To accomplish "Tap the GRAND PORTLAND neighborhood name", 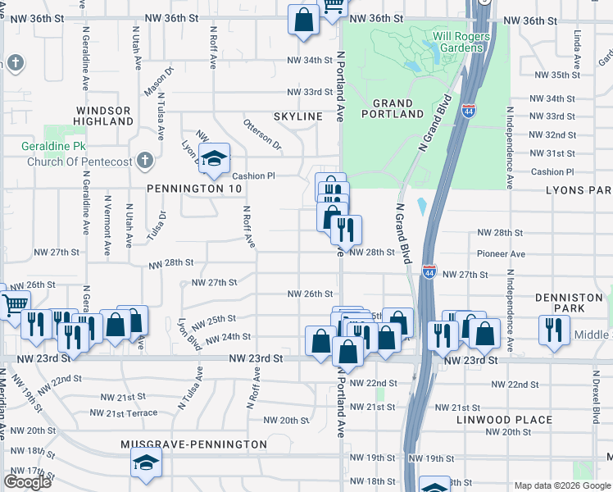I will pyautogui.click(x=398, y=108).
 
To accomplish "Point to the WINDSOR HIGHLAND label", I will pyautogui.click(x=103, y=116).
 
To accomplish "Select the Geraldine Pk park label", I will pyautogui.click(x=55, y=148).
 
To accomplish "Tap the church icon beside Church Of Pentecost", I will pyautogui.click(x=145, y=160).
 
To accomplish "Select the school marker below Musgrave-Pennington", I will pyautogui.click(x=146, y=462).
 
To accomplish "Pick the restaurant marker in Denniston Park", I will pyautogui.click(x=554, y=330).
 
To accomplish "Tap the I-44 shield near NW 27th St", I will pyautogui.click(x=429, y=270).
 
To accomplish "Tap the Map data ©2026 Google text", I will pyautogui.click(x=561, y=485).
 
